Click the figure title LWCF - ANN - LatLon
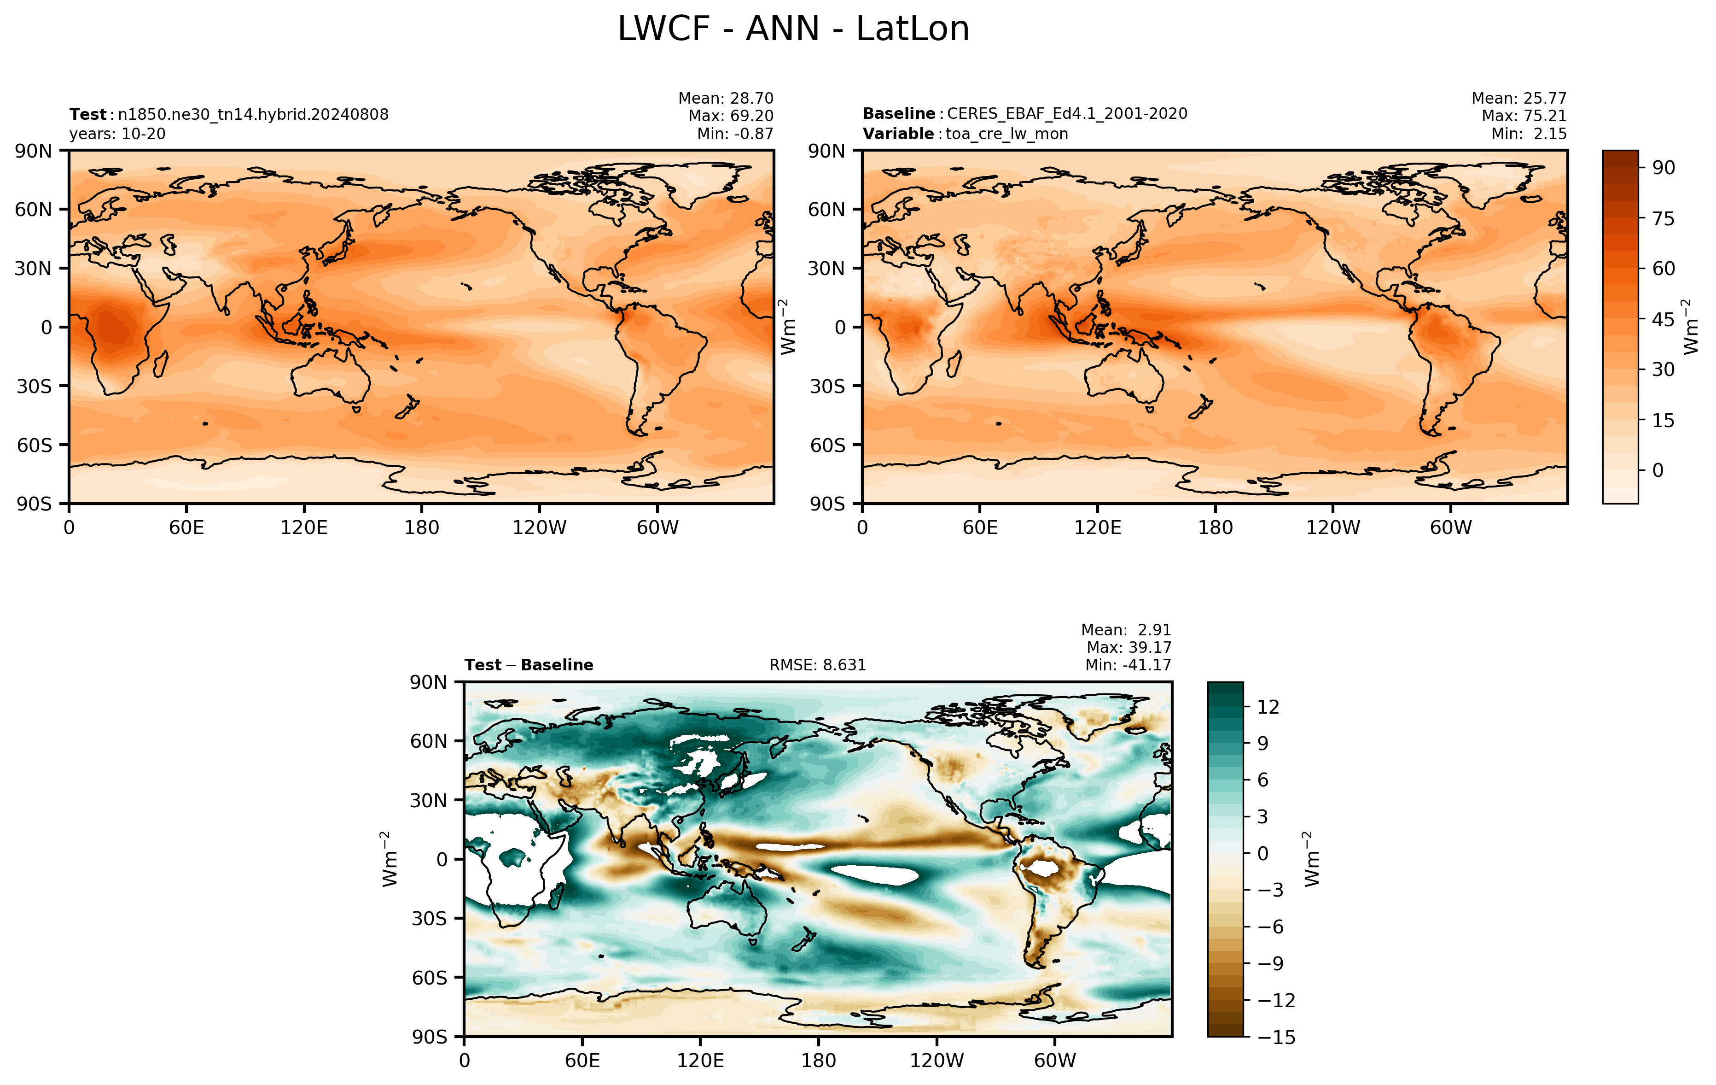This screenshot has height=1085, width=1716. point(793,29)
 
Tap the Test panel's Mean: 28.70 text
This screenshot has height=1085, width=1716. point(726,99)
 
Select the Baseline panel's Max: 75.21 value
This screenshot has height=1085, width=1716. point(1524,116)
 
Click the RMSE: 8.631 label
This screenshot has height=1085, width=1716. point(817,665)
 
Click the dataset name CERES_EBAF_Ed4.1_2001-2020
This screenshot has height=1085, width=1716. point(1067,114)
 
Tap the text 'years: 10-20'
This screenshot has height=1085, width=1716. point(117,134)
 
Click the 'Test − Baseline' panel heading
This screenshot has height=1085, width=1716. point(529,665)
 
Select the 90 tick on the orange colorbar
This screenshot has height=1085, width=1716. point(1663,168)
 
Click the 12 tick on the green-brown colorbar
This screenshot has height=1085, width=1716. point(1268,707)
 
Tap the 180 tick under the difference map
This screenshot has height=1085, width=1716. point(818,1061)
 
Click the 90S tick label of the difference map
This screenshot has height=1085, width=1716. point(430,1037)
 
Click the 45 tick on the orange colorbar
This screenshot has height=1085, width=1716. point(1663,319)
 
